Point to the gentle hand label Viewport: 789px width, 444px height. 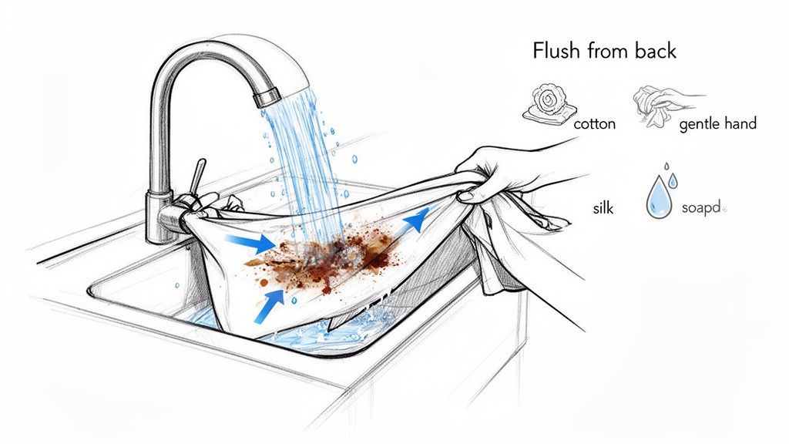(718, 123)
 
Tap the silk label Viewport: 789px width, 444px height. (603, 209)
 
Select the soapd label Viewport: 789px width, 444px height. (703, 208)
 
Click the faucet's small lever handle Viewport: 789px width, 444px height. (200, 173)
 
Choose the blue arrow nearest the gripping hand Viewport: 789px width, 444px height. (415, 220)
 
